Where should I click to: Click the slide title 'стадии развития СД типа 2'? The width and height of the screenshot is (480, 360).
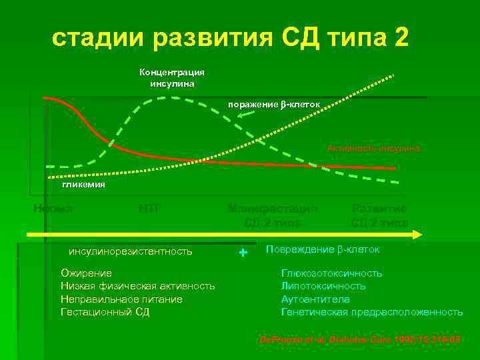coord(231,38)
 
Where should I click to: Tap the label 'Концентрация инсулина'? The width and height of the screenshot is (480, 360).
coord(172,78)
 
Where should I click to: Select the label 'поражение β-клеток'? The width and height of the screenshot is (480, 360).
coord(274,105)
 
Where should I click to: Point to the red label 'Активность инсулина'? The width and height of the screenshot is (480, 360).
coord(373,148)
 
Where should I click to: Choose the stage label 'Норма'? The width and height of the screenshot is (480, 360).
coord(53,209)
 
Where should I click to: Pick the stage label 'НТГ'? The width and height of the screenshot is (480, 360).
coord(149,209)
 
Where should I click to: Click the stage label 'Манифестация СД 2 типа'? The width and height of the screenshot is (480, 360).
coord(272,215)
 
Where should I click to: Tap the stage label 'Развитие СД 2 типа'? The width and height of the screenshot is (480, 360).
coord(379,215)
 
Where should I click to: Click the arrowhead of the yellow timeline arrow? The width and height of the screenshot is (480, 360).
coord(417,235)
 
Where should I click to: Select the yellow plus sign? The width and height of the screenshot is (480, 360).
coord(243,253)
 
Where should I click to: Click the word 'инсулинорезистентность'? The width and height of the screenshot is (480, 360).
coord(131,251)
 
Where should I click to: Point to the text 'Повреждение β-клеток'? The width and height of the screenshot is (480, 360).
coord(322,249)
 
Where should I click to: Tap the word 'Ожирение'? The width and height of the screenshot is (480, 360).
coord(86,273)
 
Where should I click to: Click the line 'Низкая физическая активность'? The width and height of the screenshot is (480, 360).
coord(137,286)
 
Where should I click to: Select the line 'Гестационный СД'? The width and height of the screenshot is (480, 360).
coord(105,311)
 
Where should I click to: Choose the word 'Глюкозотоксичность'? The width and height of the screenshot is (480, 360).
coord(331,273)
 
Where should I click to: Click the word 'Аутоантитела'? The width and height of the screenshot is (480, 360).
coord(315,299)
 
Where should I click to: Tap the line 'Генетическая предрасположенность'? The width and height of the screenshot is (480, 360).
coord(371,311)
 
